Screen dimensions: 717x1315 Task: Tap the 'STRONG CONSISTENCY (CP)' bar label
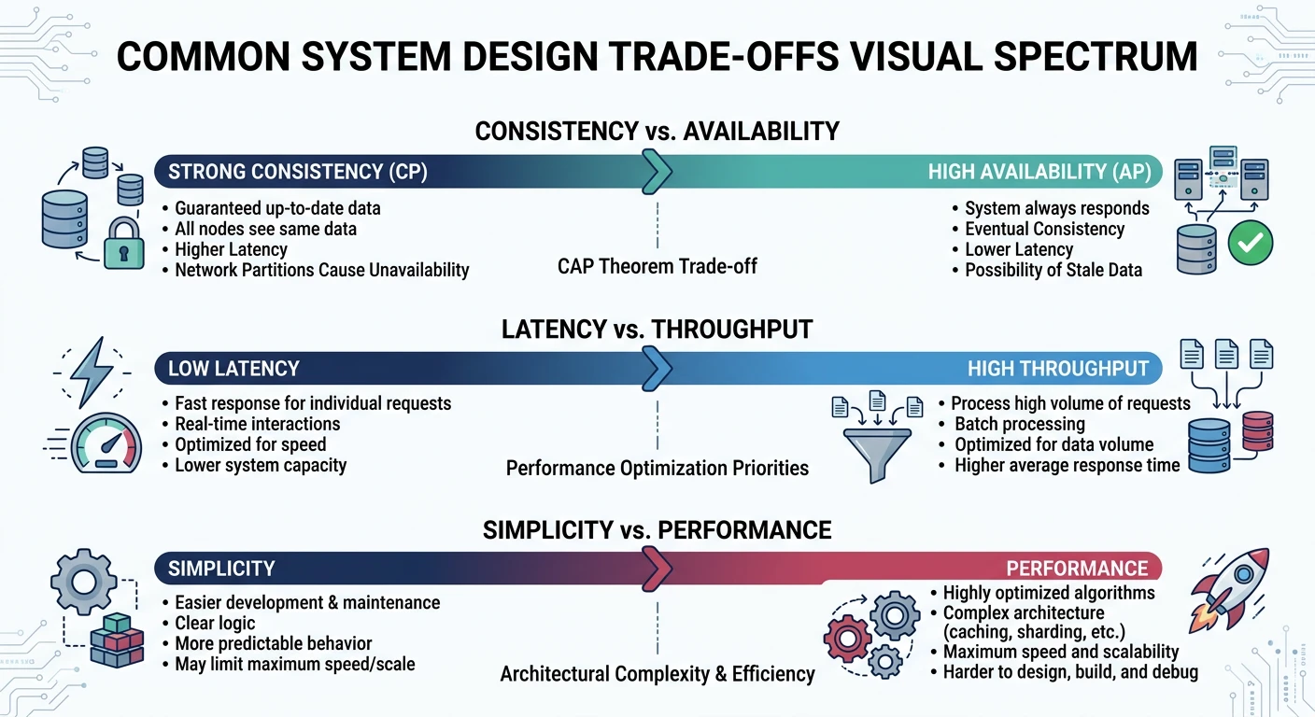pos(297,172)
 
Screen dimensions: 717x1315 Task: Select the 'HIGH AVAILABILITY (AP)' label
pos(1039,172)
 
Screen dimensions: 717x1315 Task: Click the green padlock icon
pos(123,245)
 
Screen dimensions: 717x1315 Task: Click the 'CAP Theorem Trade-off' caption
pos(657,267)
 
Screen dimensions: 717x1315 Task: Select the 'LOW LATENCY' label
pos(233,369)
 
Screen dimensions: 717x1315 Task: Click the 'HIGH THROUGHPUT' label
pos(1057,369)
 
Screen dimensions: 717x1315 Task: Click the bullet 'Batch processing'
pos(1019,424)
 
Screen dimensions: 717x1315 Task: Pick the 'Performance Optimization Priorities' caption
pos(657,468)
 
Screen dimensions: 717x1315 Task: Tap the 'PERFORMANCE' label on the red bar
pos(1076,569)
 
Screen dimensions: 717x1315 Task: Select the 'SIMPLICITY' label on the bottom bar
pos(221,569)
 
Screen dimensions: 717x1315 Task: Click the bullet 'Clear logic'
pos(215,624)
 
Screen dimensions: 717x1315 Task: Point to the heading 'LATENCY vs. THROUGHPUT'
pos(657,330)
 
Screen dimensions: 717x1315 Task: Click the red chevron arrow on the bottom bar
pos(657,568)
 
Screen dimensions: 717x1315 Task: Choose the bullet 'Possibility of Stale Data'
pos(1053,271)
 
